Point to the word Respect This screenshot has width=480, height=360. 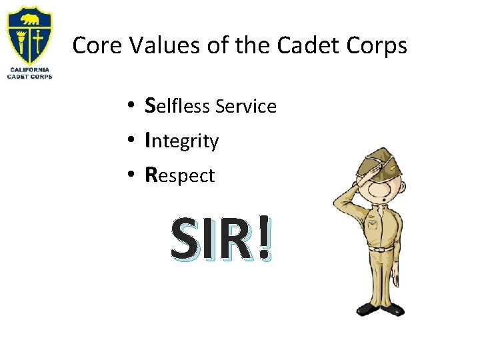point(180,176)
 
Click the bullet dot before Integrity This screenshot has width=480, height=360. point(133,140)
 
